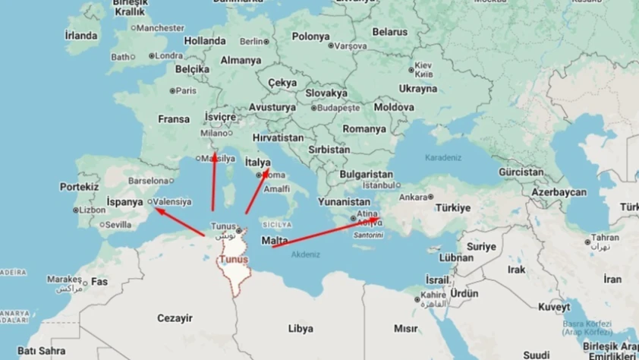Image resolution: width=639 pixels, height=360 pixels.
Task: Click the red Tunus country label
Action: coord(233,260)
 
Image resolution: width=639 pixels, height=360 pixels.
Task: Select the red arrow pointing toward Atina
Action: coord(327,232)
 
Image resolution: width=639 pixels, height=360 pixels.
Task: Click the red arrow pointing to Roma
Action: coord(257,185)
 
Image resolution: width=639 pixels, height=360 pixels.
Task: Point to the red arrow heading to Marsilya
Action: coord(212,182)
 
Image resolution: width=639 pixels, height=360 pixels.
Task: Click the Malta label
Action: coord(274,241)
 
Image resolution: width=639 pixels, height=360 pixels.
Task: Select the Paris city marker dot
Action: coord(173,91)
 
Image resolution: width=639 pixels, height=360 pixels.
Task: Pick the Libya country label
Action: coord(301,329)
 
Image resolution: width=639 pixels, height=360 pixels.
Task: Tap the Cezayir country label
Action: coord(174,317)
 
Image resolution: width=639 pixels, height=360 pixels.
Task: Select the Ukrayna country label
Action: coord(419,89)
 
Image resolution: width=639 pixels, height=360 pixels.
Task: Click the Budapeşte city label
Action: coord(342,108)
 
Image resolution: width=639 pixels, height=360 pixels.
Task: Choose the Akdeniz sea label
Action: coord(306,254)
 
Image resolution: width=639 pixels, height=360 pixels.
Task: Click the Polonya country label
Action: coord(310,36)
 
